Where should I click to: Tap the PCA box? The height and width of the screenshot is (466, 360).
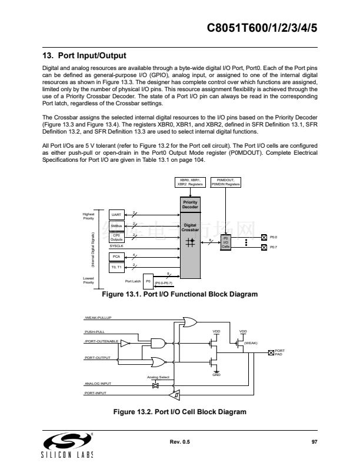point(116,257)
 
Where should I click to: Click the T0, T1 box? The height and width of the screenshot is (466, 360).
point(116,267)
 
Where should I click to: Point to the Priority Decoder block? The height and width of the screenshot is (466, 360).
point(190,205)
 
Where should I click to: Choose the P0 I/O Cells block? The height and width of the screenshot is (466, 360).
point(225,242)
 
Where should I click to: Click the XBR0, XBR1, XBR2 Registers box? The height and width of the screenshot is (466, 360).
point(190,182)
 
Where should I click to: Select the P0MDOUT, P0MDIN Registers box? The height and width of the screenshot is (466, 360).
point(225,182)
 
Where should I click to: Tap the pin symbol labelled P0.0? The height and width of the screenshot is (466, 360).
point(264,237)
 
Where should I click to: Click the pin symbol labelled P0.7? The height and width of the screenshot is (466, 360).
point(264,247)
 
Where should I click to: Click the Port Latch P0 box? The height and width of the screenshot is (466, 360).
point(148,281)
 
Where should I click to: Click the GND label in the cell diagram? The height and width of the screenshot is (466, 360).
point(216,374)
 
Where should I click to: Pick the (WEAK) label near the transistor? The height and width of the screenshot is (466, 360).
point(251,342)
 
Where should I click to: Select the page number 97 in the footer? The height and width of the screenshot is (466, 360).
point(314,441)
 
